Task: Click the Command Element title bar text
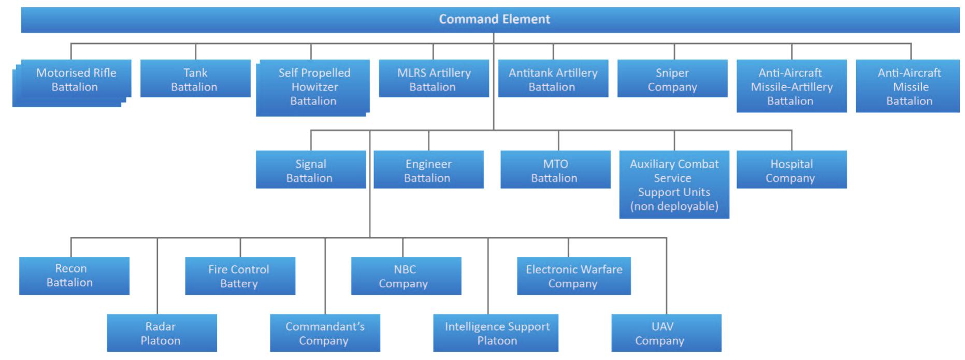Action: click(494, 19)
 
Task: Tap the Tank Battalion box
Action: click(195, 79)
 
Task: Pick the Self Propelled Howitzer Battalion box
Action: click(313, 87)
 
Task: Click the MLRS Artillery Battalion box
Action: click(434, 79)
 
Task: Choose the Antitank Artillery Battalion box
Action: click(553, 79)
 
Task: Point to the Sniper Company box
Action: click(672, 79)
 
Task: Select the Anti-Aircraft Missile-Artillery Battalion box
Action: click(791, 87)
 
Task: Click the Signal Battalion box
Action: click(310, 170)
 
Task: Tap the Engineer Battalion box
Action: click(428, 170)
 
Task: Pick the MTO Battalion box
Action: click(555, 170)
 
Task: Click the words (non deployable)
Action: click(674, 206)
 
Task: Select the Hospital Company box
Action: click(791, 170)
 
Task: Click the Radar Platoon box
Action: click(161, 333)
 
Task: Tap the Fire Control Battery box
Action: click(240, 276)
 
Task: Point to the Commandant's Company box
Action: click(324, 333)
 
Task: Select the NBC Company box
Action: click(406, 276)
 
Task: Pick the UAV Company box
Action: click(666, 333)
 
